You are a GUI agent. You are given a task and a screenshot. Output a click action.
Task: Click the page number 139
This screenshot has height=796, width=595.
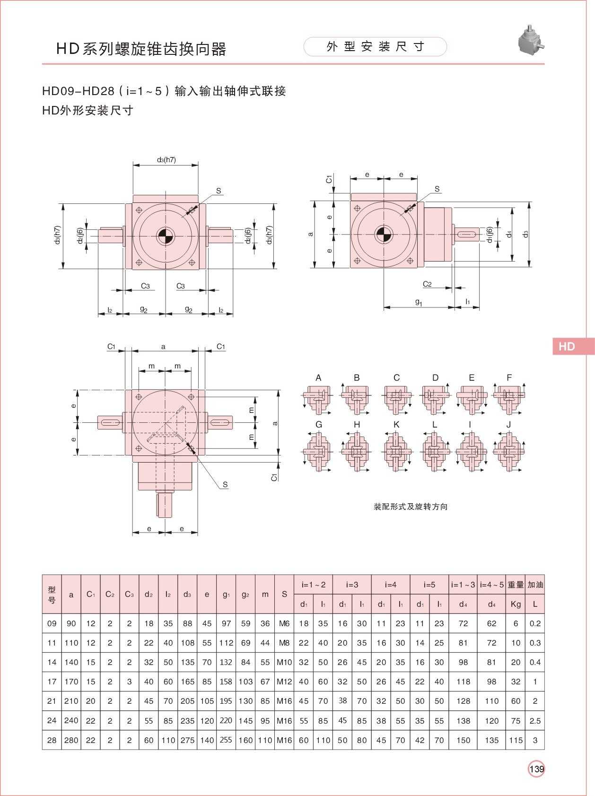pyautogui.click(x=536, y=769)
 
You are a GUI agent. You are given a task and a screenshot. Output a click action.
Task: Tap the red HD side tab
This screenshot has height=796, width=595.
pyautogui.click(x=573, y=346)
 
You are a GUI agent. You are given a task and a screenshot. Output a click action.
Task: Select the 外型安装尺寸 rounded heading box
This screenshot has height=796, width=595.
pyautogui.click(x=375, y=47)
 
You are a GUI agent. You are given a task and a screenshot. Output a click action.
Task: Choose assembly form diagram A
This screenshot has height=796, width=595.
pyautogui.click(x=318, y=397)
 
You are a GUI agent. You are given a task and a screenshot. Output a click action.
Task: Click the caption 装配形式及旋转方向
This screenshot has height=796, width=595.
pyautogui.click(x=411, y=507)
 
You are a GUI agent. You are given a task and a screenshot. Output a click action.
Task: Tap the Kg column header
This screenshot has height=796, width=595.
pyautogui.click(x=516, y=604)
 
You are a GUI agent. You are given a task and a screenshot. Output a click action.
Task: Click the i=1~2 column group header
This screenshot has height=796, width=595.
pyautogui.click(x=314, y=585)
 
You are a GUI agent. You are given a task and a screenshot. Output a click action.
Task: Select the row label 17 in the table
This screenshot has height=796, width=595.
pyautogui.click(x=52, y=682)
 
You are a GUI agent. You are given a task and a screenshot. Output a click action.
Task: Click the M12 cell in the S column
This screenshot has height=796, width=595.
pyautogui.click(x=284, y=682)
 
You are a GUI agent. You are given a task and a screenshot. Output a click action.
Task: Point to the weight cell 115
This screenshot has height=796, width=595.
pyautogui.click(x=516, y=740)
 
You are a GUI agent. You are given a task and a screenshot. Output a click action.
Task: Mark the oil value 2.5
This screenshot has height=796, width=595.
pyautogui.click(x=535, y=721)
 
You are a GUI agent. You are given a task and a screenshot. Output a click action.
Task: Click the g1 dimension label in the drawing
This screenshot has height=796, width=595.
pyautogui.click(x=419, y=302)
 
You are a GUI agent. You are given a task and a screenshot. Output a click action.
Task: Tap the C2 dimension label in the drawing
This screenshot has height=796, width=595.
pyautogui.click(x=427, y=284)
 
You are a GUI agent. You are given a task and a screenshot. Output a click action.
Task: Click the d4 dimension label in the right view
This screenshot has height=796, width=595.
pyautogui.click(x=509, y=234)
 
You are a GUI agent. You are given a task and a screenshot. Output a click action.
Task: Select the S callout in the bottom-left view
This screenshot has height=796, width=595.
pyautogui.click(x=225, y=484)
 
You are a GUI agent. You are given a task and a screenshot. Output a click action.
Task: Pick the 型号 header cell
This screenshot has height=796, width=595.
pyautogui.click(x=52, y=594)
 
